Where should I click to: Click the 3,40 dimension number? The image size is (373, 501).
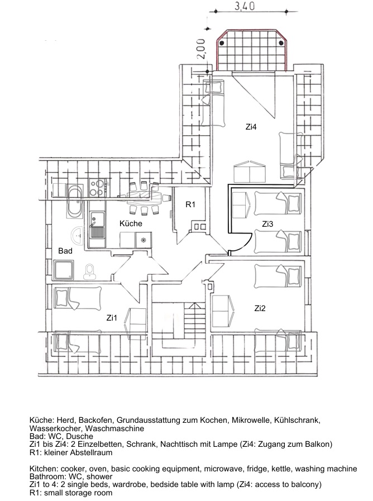click(245, 6)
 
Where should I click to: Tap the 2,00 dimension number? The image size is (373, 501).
click(200, 49)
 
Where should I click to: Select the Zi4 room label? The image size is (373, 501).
click(251, 127)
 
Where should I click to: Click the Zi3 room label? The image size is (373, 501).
click(267, 224)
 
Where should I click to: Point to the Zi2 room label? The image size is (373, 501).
click(260, 308)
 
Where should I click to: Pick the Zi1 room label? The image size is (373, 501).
click(112, 318)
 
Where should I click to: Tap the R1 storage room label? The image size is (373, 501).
click(190, 204)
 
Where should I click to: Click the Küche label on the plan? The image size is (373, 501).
click(131, 223)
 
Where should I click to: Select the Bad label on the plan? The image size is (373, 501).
click(65, 251)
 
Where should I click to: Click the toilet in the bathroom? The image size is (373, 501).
click(90, 271)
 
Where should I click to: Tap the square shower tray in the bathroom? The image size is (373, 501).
click(64, 270)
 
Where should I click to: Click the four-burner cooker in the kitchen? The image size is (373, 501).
click(97, 188)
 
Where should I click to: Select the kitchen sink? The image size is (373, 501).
click(97, 228)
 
